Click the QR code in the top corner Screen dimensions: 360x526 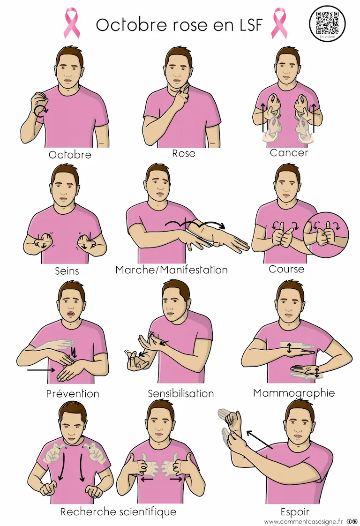coord(327,23)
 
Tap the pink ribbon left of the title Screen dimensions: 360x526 coord(72,23)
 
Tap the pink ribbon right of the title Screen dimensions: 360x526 coord(279,23)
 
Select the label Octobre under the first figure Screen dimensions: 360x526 coord(70,155)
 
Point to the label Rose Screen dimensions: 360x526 coord(184,153)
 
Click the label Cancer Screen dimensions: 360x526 coord(289,153)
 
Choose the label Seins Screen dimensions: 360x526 coord(67,271)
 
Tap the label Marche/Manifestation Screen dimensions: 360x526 coord(172,270)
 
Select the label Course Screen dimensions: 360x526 coord(286,269)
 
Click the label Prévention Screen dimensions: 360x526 coord(73,393)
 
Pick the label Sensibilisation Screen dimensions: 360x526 coord(181,393)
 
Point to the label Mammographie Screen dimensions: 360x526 coord(294,393)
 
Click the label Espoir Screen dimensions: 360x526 coord(295,512)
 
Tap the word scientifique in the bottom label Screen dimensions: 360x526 coord(148,511)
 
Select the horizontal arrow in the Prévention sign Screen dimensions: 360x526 coord(41,370)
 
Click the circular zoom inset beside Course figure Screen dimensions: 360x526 coord(326,234)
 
